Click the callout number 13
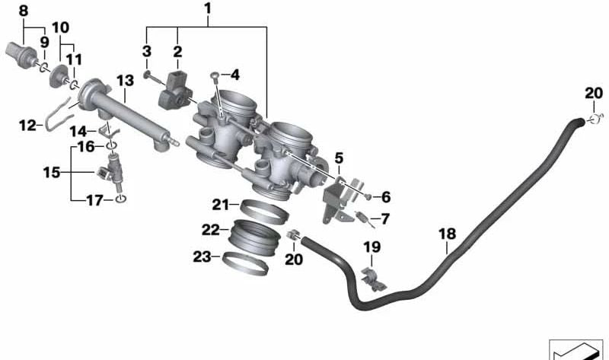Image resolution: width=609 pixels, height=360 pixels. click(125, 81)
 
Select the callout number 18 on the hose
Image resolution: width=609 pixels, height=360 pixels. click(447, 234)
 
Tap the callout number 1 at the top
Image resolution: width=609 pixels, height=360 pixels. click(208, 8)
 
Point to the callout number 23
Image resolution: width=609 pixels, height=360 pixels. click(202, 256)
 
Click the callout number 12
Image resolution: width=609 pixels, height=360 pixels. click(27, 126)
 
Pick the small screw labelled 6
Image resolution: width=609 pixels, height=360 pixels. click(368, 197)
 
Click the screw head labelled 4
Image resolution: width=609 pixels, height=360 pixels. click(215, 75)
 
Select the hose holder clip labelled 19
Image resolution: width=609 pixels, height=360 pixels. click(374, 279)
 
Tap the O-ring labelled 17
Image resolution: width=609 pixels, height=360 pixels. click(121, 199)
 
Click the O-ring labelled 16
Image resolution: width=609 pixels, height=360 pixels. click(111, 146)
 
